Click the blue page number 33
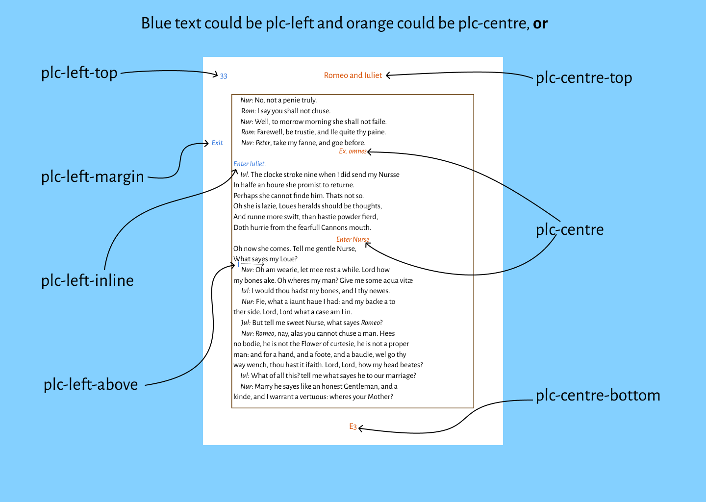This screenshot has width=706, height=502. (x=224, y=76)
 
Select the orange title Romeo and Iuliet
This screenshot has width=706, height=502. (x=353, y=75)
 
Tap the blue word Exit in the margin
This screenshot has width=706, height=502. (x=217, y=143)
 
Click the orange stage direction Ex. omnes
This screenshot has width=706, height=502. (x=353, y=151)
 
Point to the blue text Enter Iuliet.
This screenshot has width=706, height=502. (x=250, y=164)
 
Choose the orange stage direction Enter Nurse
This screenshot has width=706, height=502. (x=353, y=239)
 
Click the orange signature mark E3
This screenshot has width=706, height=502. (x=353, y=427)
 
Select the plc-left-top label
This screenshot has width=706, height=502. (x=79, y=73)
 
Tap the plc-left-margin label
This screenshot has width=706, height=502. (x=92, y=176)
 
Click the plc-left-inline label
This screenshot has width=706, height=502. (x=87, y=280)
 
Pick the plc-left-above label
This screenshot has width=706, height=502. (x=91, y=384)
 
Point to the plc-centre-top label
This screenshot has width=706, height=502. (x=584, y=77)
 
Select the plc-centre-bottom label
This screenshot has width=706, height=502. (x=598, y=395)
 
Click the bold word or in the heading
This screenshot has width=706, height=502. (x=540, y=24)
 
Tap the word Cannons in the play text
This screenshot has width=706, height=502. (x=334, y=227)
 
